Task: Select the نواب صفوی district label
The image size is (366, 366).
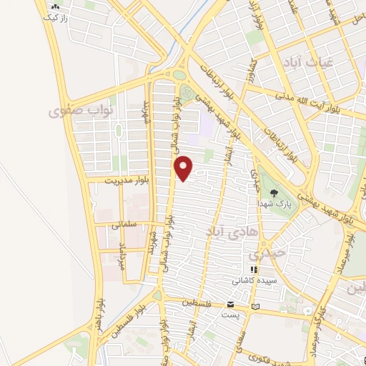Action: [73, 112]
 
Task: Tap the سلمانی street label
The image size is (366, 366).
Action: [124, 224]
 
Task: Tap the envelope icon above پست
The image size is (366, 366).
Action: [230, 304]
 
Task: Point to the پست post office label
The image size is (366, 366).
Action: [230, 315]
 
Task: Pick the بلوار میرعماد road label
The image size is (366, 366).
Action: [341, 259]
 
